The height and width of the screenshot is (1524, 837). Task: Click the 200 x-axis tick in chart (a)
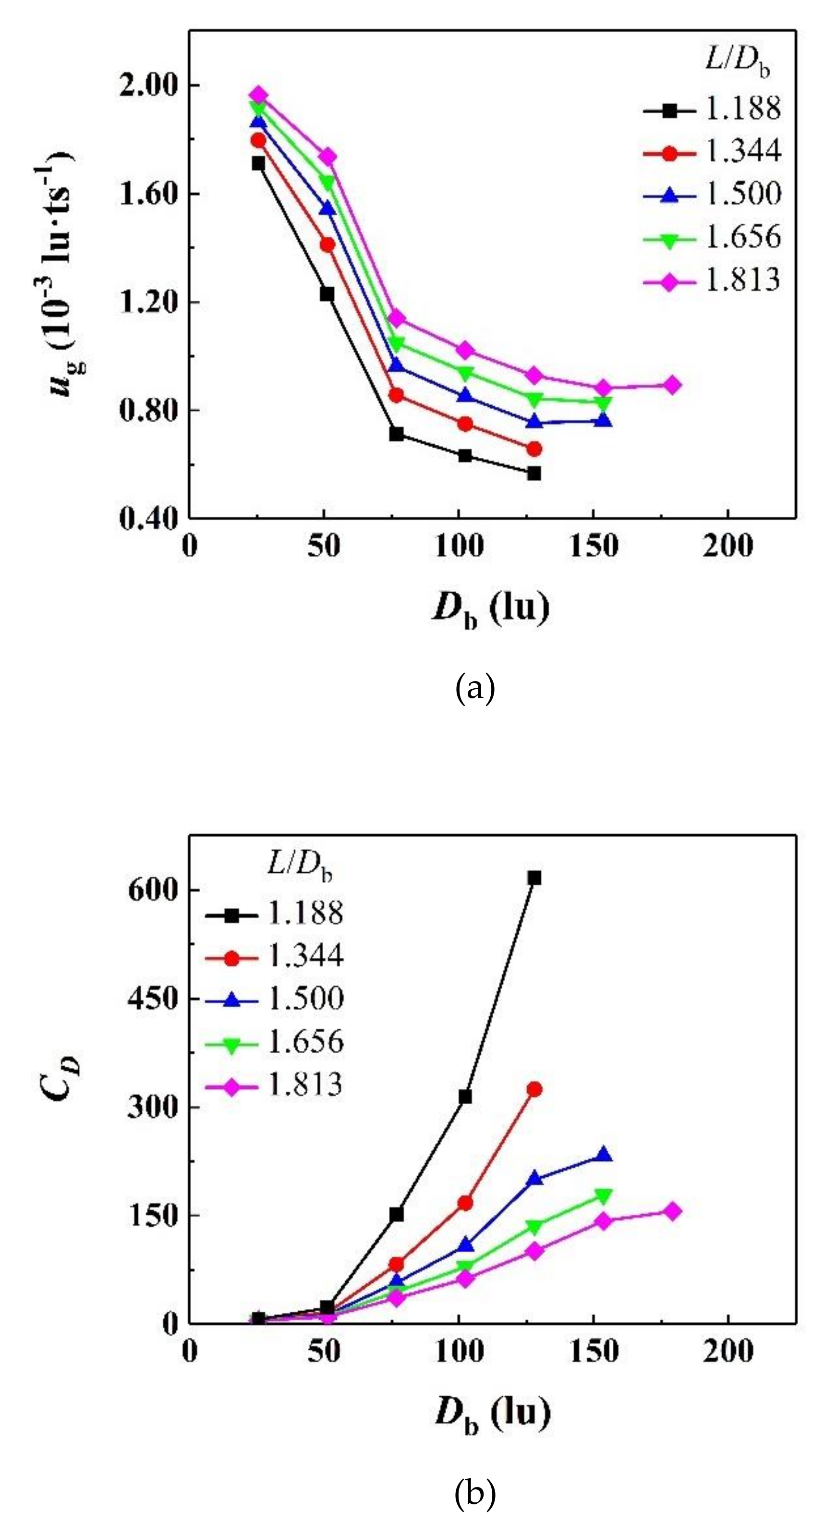[728, 546]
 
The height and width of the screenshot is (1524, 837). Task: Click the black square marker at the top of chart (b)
[534, 878]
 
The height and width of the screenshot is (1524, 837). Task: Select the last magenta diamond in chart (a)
[672, 385]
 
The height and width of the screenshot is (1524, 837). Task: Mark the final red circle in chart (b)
[534, 1089]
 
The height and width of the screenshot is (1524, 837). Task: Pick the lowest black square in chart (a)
[534, 473]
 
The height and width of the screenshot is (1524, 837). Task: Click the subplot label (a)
[475, 689]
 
